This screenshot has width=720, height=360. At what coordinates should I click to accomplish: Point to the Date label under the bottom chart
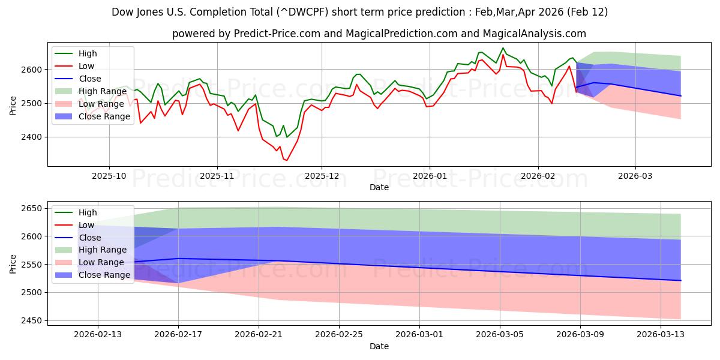click(x=379, y=346)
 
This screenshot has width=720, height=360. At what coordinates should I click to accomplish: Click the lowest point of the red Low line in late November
click(x=286, y=160)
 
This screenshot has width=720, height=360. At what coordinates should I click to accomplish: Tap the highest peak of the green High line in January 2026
click(x=503, y=48)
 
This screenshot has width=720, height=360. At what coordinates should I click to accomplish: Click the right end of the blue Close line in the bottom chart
click(x=680, y=280)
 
